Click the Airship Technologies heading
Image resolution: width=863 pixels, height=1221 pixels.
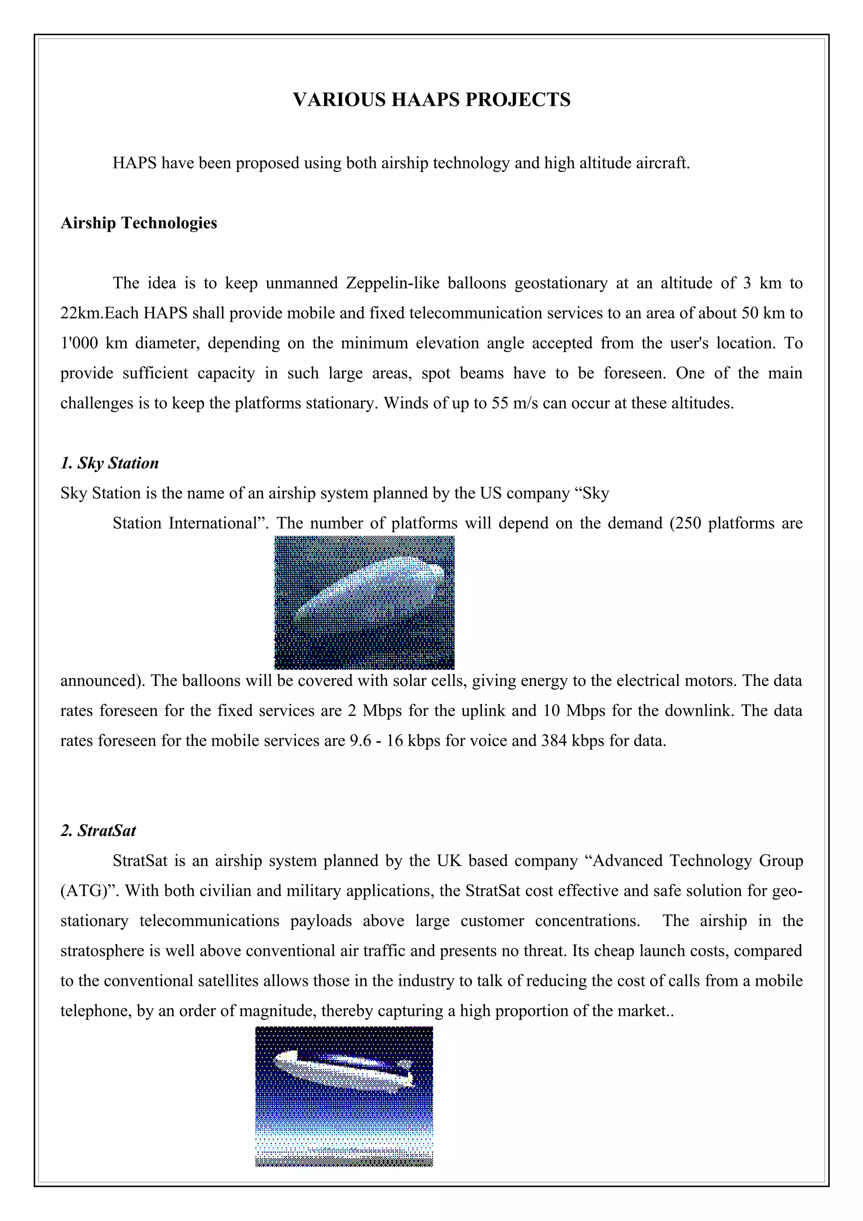[139, 223]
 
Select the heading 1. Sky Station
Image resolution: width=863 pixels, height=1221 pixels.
[110, 463]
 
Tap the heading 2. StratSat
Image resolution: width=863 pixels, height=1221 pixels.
[98, 831]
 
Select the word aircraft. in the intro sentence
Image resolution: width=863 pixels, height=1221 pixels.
[665, 163]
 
